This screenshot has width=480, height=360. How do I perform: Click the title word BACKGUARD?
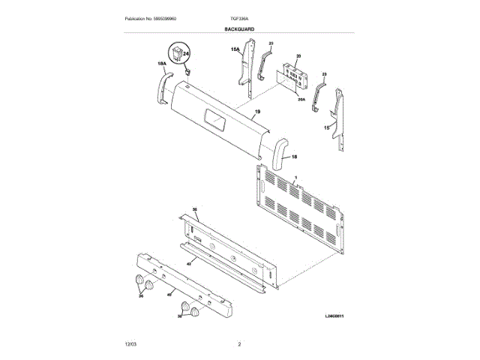[239, 28]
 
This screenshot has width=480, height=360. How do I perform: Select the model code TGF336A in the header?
[239, 18]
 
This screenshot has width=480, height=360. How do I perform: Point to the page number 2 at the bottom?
[239, 343]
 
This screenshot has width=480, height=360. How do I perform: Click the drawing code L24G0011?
[339, 317]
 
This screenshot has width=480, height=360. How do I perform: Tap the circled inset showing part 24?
[180, 55]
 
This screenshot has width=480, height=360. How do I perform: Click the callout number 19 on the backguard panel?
[256, 112]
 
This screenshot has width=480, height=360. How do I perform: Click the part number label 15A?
[234, 50]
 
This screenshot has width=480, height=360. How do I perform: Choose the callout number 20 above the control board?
[298, 57]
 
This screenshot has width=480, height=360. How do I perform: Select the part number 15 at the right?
[326, 128]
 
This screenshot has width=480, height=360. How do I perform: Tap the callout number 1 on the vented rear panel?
[297, 177]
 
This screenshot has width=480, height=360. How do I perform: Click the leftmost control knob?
[139, 281]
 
